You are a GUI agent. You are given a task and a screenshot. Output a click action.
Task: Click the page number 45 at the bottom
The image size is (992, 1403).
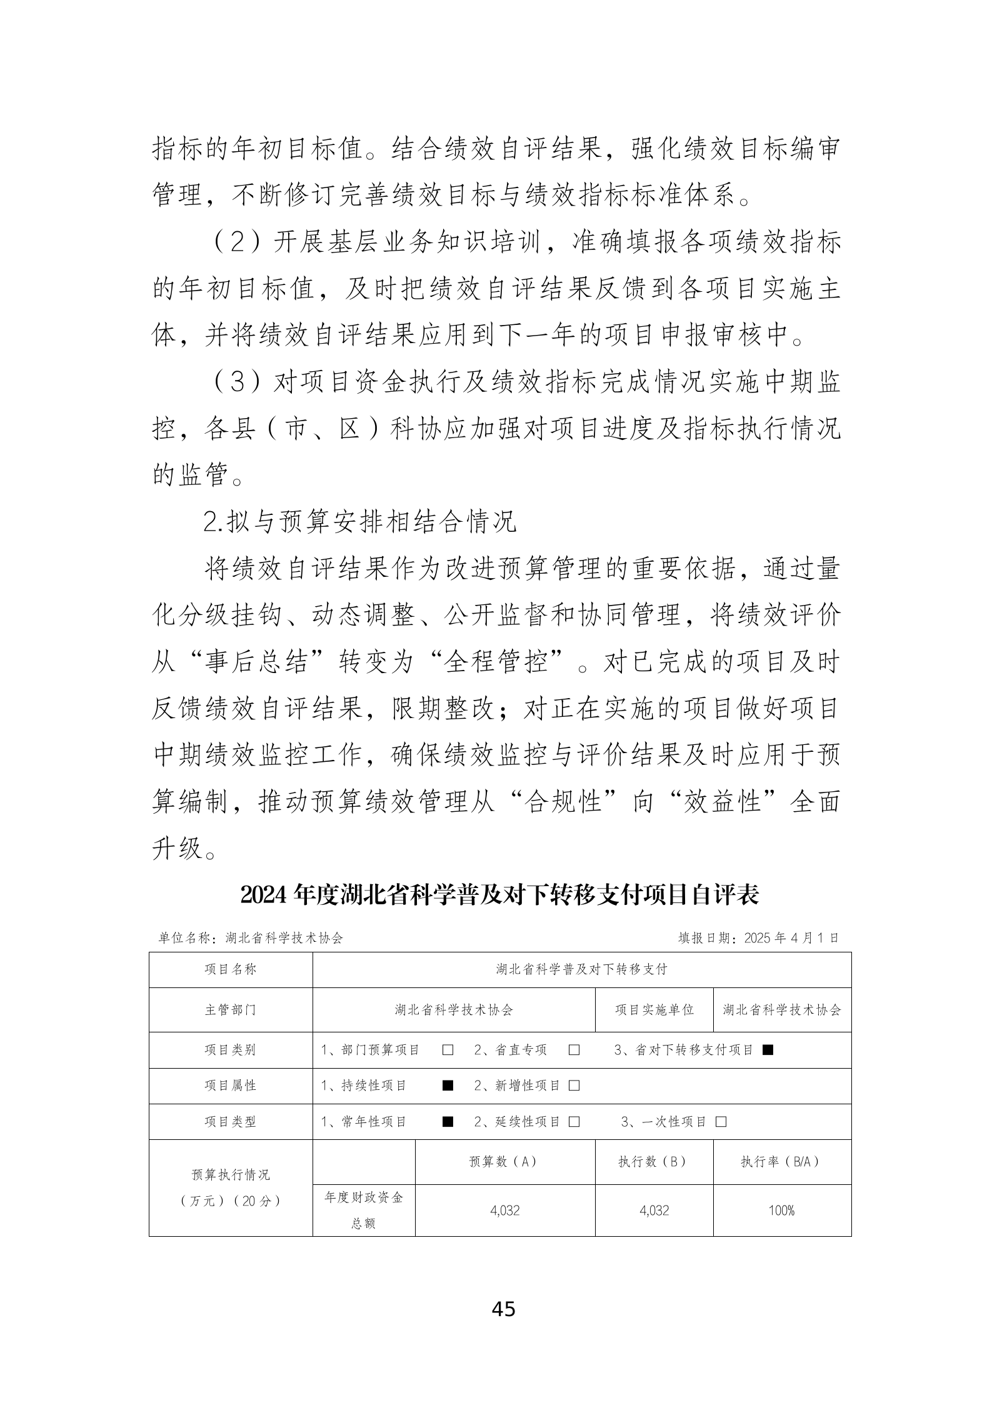503,1308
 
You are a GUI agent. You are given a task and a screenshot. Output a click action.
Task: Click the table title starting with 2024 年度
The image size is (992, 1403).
499,896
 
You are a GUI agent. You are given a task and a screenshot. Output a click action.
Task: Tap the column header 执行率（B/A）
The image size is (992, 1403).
781,1162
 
